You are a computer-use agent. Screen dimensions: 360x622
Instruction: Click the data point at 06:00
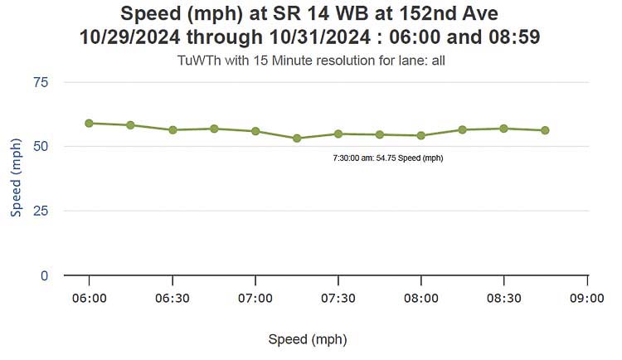tap(89, 123)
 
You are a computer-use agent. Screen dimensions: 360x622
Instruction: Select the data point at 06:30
tap(173, 129)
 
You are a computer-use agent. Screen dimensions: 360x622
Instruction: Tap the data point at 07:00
tap(255, 131)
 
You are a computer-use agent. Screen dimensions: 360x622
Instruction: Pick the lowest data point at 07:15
tap(297, 138)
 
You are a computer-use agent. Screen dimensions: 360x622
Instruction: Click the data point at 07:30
tap(338, 134)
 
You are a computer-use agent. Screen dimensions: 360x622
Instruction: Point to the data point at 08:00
tap(421, 135)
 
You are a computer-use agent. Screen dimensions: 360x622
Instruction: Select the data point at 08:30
tap(503, 129)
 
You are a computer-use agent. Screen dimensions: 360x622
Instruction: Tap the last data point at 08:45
tap(545, 130)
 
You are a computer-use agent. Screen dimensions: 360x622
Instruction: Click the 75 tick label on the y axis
tap(40, 82)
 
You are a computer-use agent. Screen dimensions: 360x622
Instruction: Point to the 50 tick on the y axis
tap(40, 146)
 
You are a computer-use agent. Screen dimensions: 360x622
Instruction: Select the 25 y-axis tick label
tap(40, 211)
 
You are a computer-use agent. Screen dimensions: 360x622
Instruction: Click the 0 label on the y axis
tap(44, 275)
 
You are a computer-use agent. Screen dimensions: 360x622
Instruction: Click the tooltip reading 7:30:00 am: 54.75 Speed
tap(388, 158)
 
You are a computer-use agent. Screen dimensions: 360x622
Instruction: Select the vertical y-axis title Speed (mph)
tap(16, 178)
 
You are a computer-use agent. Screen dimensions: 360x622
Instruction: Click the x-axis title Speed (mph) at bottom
tap(308, 339)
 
